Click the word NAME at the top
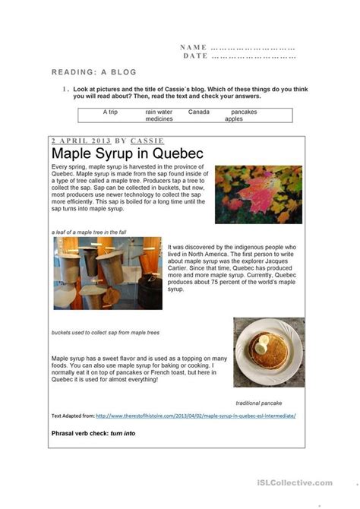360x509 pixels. [x=194, y=47]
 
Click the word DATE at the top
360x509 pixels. [x=195, y=56]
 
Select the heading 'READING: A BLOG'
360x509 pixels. [x=94, y=72]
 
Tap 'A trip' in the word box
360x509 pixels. [x=111, y=112]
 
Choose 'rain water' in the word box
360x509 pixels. [x=159, y=112]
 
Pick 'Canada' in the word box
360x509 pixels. [x=199, y=112]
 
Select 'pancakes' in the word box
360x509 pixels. [x=245, y=112]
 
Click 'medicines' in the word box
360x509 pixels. [x=159, y=119]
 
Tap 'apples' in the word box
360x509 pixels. [x=234, y=119]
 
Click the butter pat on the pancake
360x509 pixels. [x=262, y=346]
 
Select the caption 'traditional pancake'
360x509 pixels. [x=259, y=403]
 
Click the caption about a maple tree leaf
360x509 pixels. [x=90, y=231]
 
